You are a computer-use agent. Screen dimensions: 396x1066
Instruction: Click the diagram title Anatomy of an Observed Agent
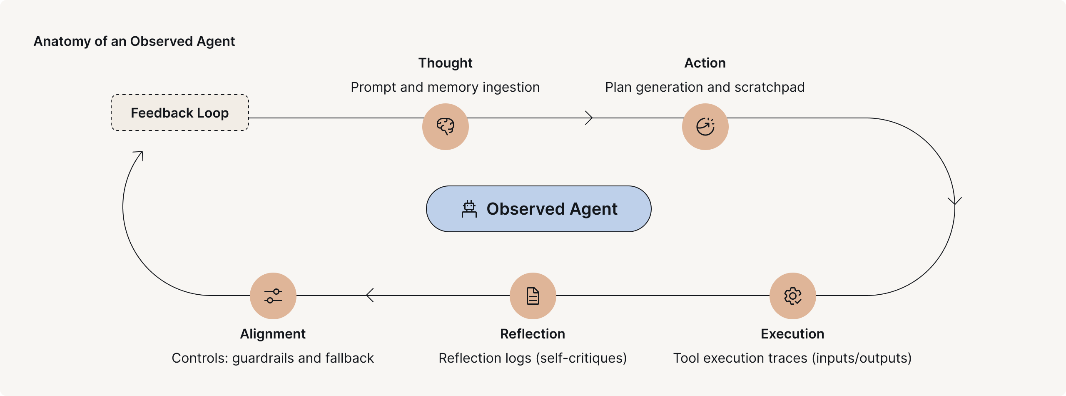click(134, 41)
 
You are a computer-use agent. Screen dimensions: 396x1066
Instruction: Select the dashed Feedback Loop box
click(180, 113)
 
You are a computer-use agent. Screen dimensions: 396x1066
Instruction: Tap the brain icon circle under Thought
click(445, 126)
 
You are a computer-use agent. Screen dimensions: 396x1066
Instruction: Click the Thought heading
click(445, 63)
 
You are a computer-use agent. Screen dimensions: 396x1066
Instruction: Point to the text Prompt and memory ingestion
click(445, 87)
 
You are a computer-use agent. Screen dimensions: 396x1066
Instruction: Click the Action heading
click(705, 63)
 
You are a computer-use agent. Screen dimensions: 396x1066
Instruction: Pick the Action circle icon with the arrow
click(705, 126)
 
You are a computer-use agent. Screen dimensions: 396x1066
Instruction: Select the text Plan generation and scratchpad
click(705, 87)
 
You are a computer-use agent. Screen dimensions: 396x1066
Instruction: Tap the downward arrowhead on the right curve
click(954, 202)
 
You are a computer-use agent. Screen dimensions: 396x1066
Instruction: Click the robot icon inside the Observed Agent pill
click(469, 209)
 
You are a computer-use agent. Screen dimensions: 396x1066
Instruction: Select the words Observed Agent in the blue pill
click(552, 209)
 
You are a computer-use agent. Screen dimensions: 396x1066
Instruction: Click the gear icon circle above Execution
click(792, 296)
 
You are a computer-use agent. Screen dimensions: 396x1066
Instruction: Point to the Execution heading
click(792, 334)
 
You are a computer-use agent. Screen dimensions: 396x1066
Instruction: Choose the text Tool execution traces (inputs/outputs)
click(792, 358)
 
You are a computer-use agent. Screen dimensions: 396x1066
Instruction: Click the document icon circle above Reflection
click(533, 296)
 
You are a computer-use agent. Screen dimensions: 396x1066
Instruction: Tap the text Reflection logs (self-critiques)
click(533, 358)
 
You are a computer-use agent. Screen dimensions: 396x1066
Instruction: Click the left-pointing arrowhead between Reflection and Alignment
click(369, 295)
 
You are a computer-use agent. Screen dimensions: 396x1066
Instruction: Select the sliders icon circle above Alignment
click(273, 296)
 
